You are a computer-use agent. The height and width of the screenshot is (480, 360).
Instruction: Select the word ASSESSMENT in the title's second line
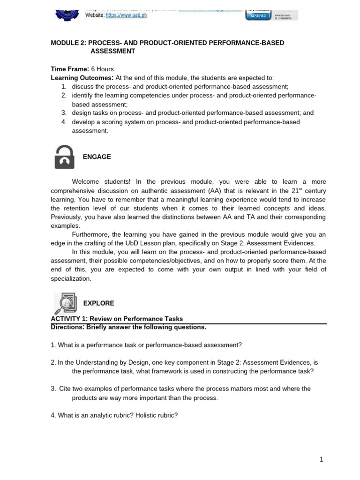coord(112,51)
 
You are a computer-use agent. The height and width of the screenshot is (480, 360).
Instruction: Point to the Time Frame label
coord(66,69)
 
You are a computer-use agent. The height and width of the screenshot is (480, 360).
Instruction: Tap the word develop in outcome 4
coord(83,122)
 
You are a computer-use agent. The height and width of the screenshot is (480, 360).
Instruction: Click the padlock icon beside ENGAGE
coord(64,157)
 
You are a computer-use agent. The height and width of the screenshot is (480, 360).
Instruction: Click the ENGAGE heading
coord(97,157)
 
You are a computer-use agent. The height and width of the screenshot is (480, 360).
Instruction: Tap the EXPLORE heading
coord(98,303)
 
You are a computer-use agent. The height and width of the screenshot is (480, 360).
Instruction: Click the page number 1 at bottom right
coord(322,459)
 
